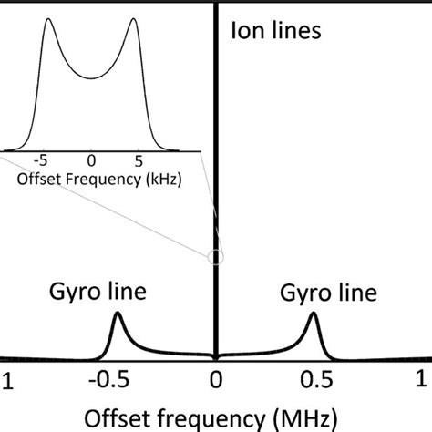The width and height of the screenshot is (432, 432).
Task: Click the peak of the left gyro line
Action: coord(117,314)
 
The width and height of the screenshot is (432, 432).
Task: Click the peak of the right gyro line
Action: coord(314,314)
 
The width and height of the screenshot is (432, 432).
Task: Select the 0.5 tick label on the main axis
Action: coord(314,379)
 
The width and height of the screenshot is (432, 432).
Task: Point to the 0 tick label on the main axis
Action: coord(215,379)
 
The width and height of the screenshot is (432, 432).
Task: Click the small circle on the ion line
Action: coord(215,257)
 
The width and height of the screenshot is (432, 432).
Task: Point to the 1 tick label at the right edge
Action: coord(425,379)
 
